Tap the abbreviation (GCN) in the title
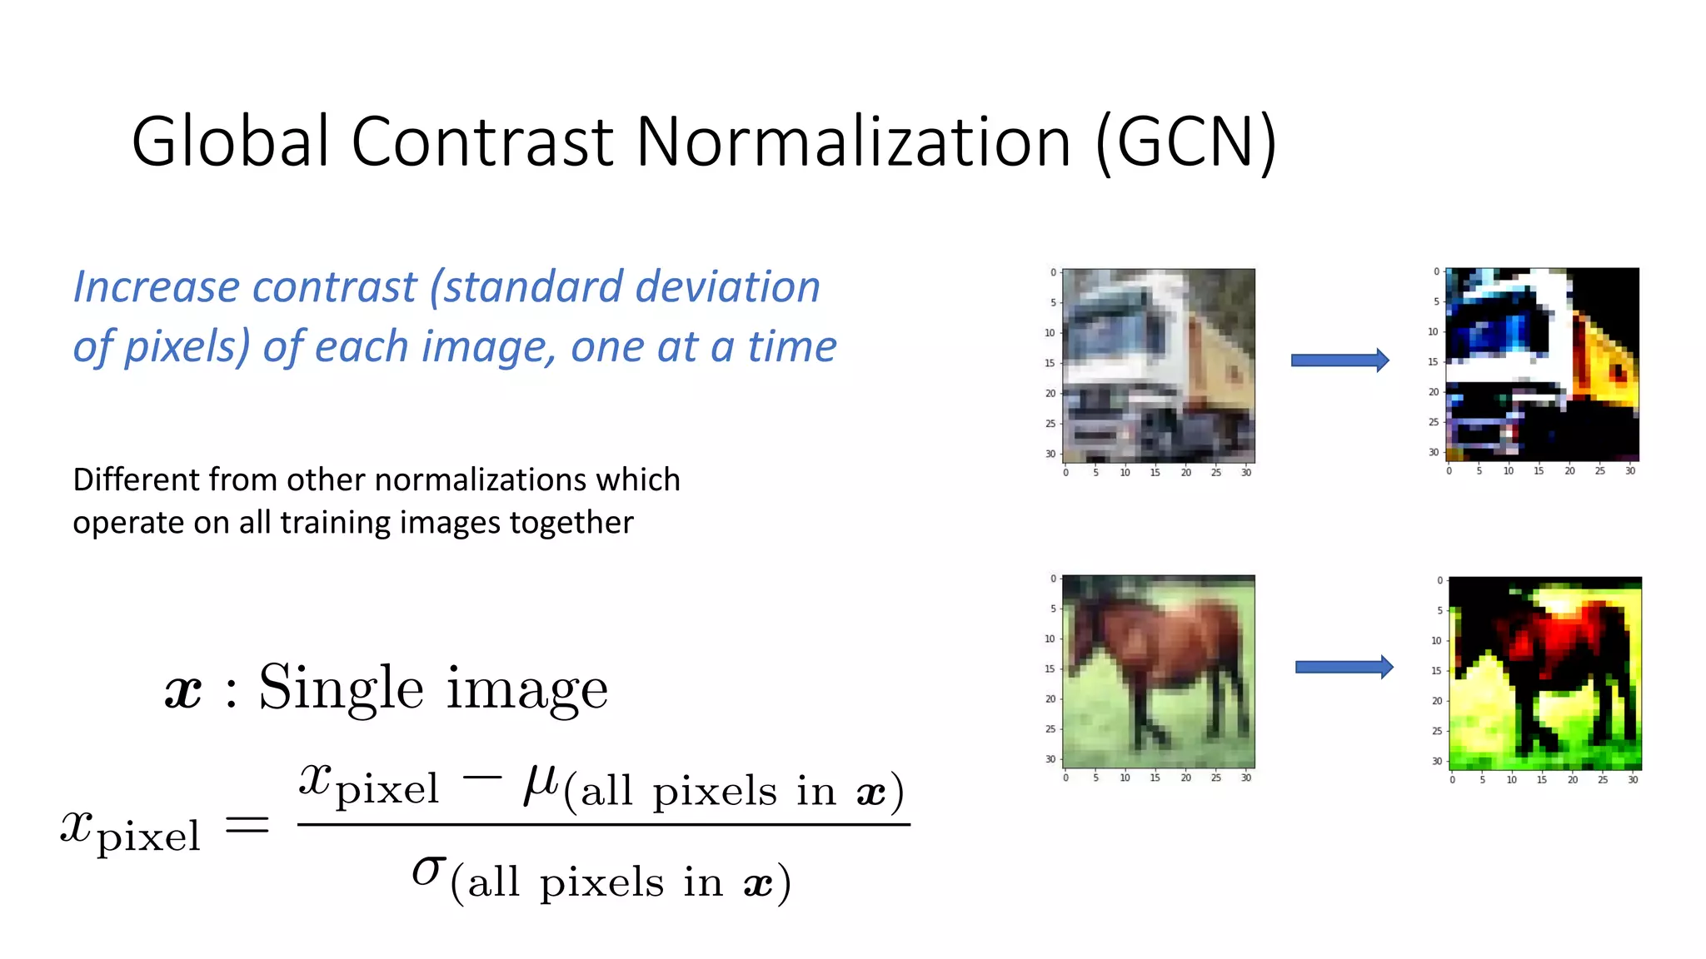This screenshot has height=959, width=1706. pyautogui.click(x=1185, y=143)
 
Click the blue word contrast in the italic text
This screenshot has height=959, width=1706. pyautogui.click(x=334, y=287)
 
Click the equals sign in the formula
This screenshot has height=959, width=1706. pyautogui.click(x=247, y=825)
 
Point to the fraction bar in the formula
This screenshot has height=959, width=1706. pyautogui.click(x=603, y=825)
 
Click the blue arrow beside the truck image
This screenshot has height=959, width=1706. pyautogui.click(x=1339, y=360)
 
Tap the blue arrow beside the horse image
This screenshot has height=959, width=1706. pyautogui.click(x=1344, y=667)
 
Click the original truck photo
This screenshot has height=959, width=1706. pyautogui.click(x=1159, y=365)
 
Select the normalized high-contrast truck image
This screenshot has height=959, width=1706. pyautogui.click(x=1543, y=364)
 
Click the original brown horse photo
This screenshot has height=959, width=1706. pyautogui.click(x=1159, y=671)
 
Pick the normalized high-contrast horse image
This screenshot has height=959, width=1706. pyautogui.click(x=1545, y=673)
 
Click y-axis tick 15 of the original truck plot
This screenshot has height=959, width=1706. pyautogui.click(x=1050, y=363)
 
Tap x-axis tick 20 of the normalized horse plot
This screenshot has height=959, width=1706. pyautogui.click(x=1572, y=780)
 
